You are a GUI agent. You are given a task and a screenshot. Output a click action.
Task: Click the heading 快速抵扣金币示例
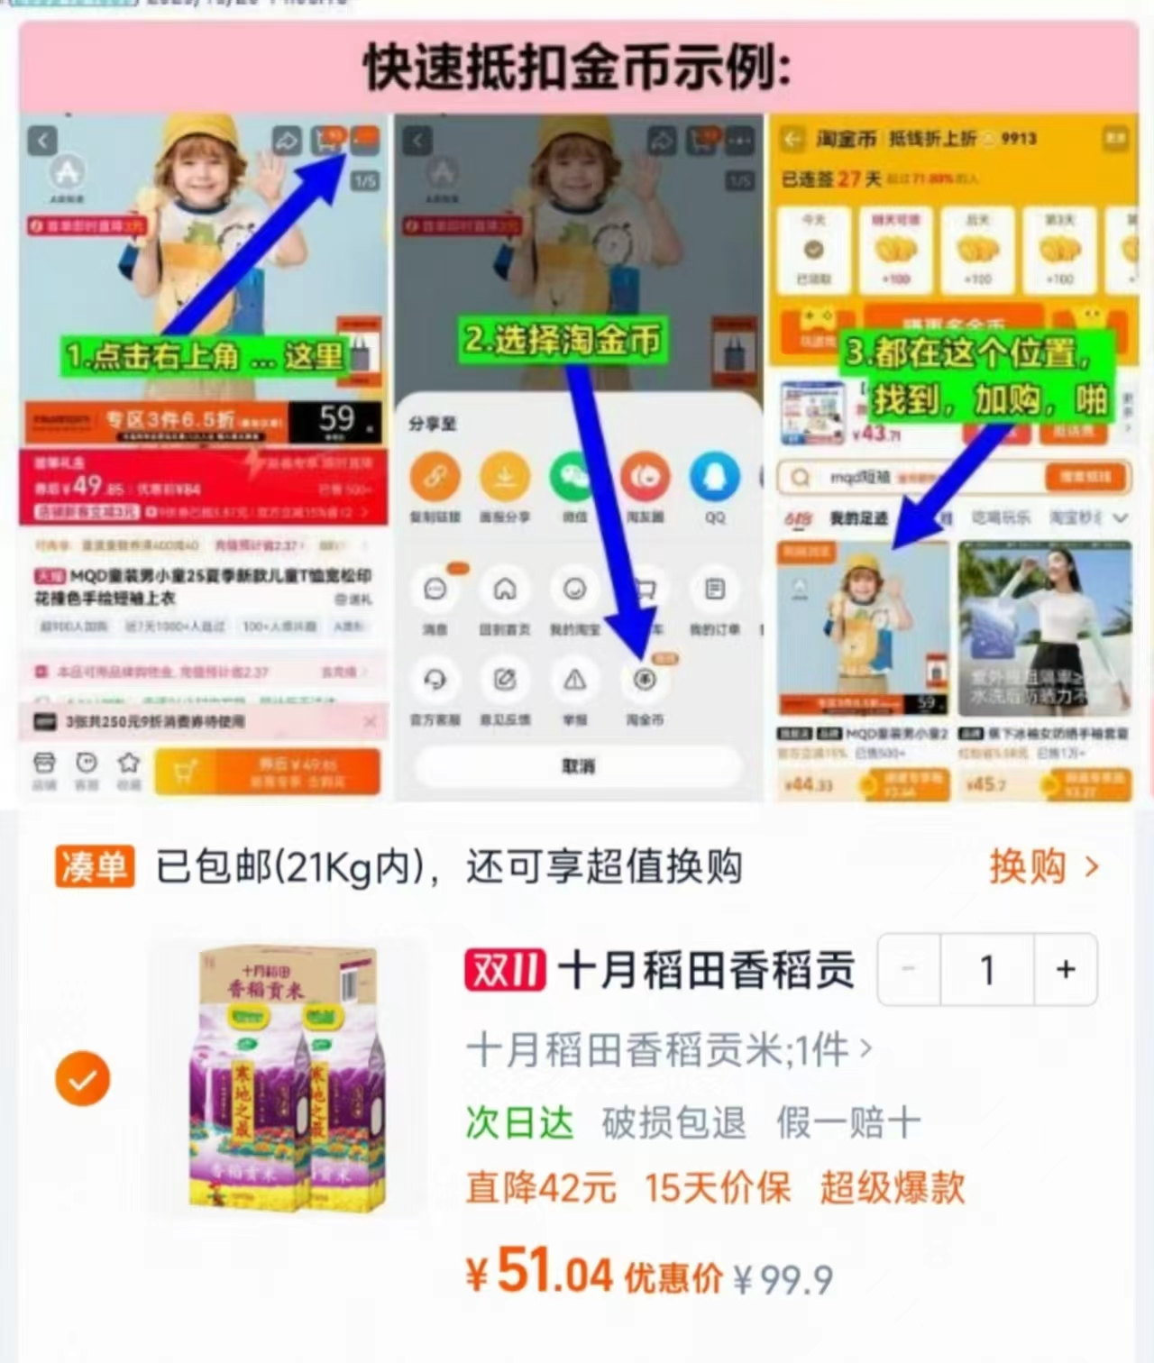pos(577,69)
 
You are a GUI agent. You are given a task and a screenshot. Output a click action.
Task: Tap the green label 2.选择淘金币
pos(563,341)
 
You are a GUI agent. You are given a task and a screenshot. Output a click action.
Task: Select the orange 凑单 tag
pos(95,866)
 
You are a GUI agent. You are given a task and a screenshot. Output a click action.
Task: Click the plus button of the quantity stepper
pos(1066,970)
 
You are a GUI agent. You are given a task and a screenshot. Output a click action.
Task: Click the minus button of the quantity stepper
pos(909,970)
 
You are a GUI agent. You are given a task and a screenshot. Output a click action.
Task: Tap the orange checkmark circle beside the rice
pos(83,1079)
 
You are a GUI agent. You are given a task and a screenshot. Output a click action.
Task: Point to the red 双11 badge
pos(505,971)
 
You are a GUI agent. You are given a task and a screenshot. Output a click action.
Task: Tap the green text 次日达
pos(519,1123)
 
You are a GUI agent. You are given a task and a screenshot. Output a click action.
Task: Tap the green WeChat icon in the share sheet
pos(574,476)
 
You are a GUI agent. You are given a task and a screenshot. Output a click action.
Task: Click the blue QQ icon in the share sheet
pos(714,476)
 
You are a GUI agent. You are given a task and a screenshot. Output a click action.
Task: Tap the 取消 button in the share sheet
pos(578,766)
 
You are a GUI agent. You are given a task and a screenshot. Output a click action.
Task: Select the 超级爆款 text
pos(892,1188)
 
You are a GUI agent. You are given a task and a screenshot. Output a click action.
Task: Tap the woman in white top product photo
pos(1044,627)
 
